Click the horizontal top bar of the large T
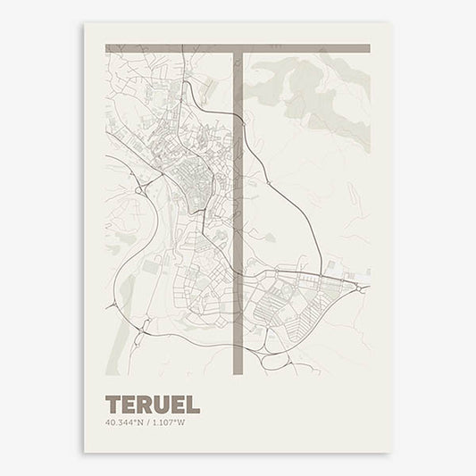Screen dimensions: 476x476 238,48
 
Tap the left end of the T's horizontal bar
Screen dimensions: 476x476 108,48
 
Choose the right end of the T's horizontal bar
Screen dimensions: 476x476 367,48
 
